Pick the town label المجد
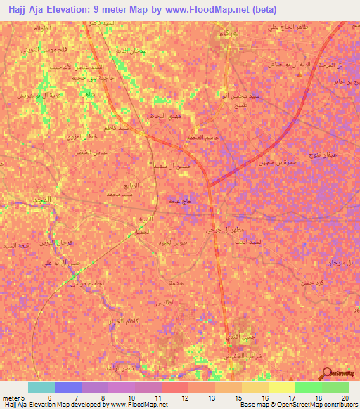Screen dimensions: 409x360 [x=43, y=201]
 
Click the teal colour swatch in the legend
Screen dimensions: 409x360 [x=41, y=387]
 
